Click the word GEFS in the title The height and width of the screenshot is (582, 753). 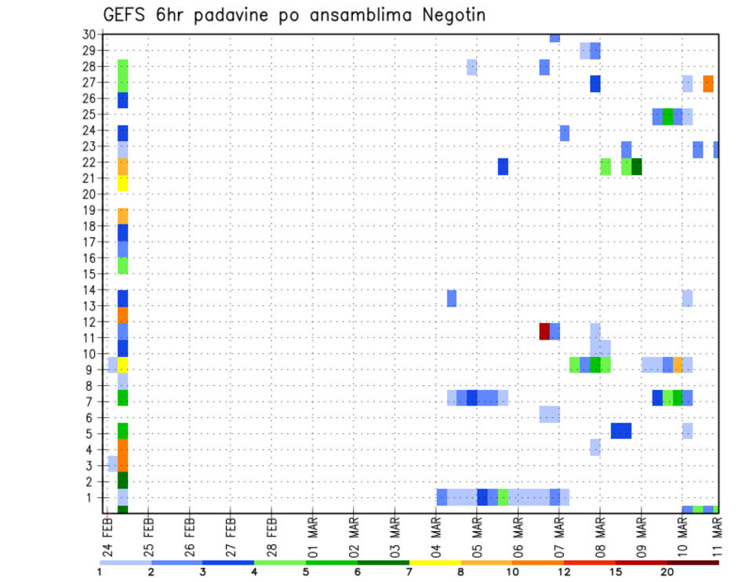tap(125, 15)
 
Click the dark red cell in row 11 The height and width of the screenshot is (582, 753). tap(544, 331)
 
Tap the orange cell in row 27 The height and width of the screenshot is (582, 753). tap(708, 83)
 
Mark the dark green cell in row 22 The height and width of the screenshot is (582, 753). tap(637, 166)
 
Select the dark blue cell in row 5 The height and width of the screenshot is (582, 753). tap(621, 431)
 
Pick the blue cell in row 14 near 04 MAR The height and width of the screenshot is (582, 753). tap(452, 298)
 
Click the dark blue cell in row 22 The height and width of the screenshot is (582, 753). tap(503, 166)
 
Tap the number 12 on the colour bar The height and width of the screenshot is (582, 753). tap(564, 572)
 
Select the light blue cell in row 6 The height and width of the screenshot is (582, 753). tap(549, 413)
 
